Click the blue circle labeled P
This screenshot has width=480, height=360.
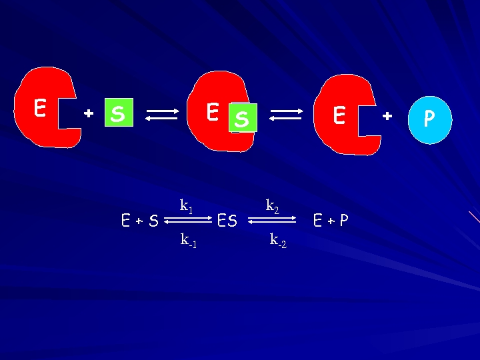[429, 119]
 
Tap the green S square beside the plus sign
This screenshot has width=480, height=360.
[118, 113]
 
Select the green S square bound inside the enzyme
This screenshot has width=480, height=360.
[242, 118]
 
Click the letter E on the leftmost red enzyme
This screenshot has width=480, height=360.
[40, 108]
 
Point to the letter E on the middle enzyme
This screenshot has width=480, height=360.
[212, 111]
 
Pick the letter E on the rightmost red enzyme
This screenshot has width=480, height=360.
[339, 116]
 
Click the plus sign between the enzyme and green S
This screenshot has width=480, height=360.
[88, 114]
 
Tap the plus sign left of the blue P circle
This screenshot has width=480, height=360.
[387, 116]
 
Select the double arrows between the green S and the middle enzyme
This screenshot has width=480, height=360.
[161, 115]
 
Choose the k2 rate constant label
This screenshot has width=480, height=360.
[272, 206]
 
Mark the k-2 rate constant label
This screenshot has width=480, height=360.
[278, 240]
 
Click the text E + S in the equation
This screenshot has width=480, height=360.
[140, 221]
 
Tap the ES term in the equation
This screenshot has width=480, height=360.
[227, 221]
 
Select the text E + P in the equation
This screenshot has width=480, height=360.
[331, 221]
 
